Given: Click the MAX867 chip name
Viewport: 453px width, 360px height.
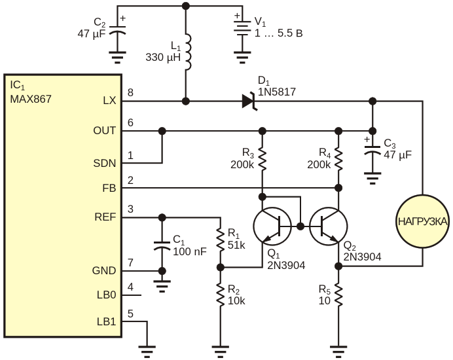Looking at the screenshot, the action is pyautogui.click(x=31, y=99).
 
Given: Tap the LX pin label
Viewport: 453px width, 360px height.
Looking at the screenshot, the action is pyautogui.click(x=109, y=101).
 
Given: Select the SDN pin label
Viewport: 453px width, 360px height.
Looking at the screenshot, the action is pyautogui.click(x=105, y=164).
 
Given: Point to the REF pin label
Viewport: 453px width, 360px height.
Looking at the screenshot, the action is pyautogui.click(x=105, y=217).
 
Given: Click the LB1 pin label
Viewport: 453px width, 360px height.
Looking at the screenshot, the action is pyautogui.click(x=106, y=321).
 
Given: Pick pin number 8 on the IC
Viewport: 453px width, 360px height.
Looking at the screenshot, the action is pyautogui.click(x=130, y=92).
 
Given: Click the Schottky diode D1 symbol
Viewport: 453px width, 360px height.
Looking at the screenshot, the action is pyautogui.click(x=249, y=101).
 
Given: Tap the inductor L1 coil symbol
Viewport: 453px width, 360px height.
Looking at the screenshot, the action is pyautogui.click(x=187, y=52).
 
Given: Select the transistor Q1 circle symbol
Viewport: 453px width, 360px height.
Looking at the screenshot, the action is pyautogui.click(x=272, y=226).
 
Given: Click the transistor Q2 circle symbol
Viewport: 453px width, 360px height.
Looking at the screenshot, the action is pyautogui.click(x=328, y=226).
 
